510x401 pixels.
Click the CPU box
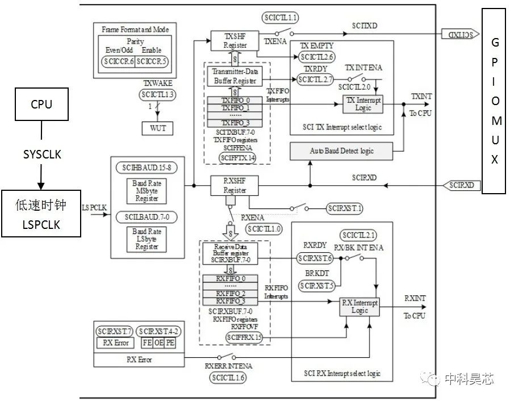(41, 105)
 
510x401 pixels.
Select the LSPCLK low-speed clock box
(41, 214)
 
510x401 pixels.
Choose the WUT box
(158, 128)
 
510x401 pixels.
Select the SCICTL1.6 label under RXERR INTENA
(228, 377)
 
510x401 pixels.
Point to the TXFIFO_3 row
(235, 123)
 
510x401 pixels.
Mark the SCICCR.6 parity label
(119, 61)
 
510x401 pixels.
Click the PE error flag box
(170, 343)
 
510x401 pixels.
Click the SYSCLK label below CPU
(41, 154)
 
